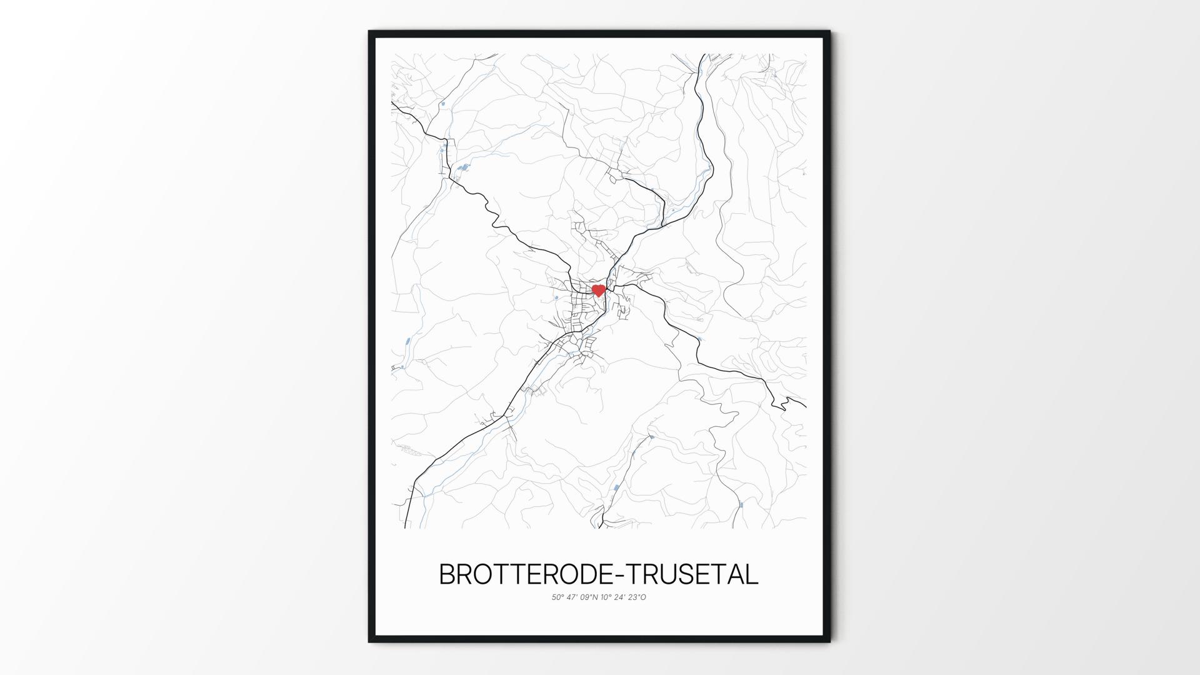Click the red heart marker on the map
click(598, 290)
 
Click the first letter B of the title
click(448, 574)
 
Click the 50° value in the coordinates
click(557, 597)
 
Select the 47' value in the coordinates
click(573, 597)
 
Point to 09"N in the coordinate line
click(589, 597)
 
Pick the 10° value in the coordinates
click(606, 597)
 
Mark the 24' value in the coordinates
click(621, 597)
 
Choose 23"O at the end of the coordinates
click(638, 597)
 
